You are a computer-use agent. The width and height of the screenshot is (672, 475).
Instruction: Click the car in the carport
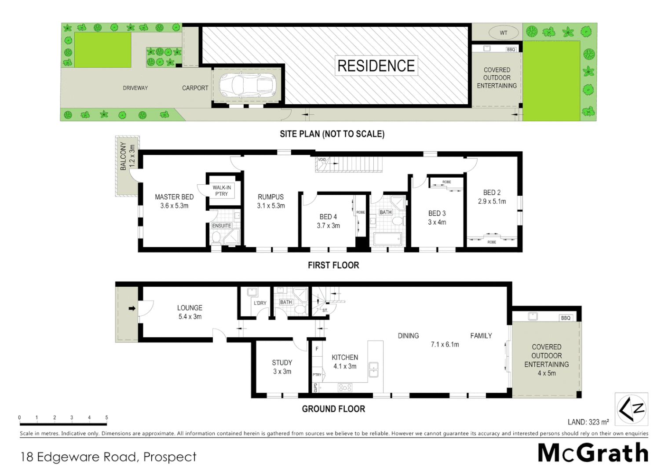point(247,85)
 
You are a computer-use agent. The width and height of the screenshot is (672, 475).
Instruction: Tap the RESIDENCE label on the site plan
point(376,66)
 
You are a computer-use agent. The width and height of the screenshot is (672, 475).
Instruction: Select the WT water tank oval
point(503,33)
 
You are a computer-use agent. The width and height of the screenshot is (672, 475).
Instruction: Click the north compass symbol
point(631,409)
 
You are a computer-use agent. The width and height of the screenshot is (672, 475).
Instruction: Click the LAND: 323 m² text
point(588,422)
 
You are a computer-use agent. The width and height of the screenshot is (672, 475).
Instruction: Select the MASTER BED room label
point(174,197)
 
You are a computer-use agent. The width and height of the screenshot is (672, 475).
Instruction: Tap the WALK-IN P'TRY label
point(222,190)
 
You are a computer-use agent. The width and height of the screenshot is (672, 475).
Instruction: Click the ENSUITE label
point(222,226)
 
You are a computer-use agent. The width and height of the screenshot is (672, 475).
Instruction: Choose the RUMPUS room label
point(270,197)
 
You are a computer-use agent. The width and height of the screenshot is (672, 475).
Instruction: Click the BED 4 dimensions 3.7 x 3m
point(328,226)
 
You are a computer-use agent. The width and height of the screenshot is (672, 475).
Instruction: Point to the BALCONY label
point(123,156)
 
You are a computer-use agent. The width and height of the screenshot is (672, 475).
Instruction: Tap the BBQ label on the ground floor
point(566,318)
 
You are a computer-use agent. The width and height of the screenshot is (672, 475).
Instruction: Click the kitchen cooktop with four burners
point(345,387)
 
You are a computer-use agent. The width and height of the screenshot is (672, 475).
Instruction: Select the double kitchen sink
point(373,369)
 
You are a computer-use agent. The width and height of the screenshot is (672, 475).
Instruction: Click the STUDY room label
point(282,362)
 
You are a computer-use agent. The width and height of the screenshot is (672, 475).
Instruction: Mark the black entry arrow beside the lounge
point(132,308)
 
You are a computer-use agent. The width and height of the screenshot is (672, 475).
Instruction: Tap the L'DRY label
point(260,303)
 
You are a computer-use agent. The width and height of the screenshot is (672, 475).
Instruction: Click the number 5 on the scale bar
point(106,417)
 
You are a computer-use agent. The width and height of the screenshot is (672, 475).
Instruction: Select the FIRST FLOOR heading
point(333,265)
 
